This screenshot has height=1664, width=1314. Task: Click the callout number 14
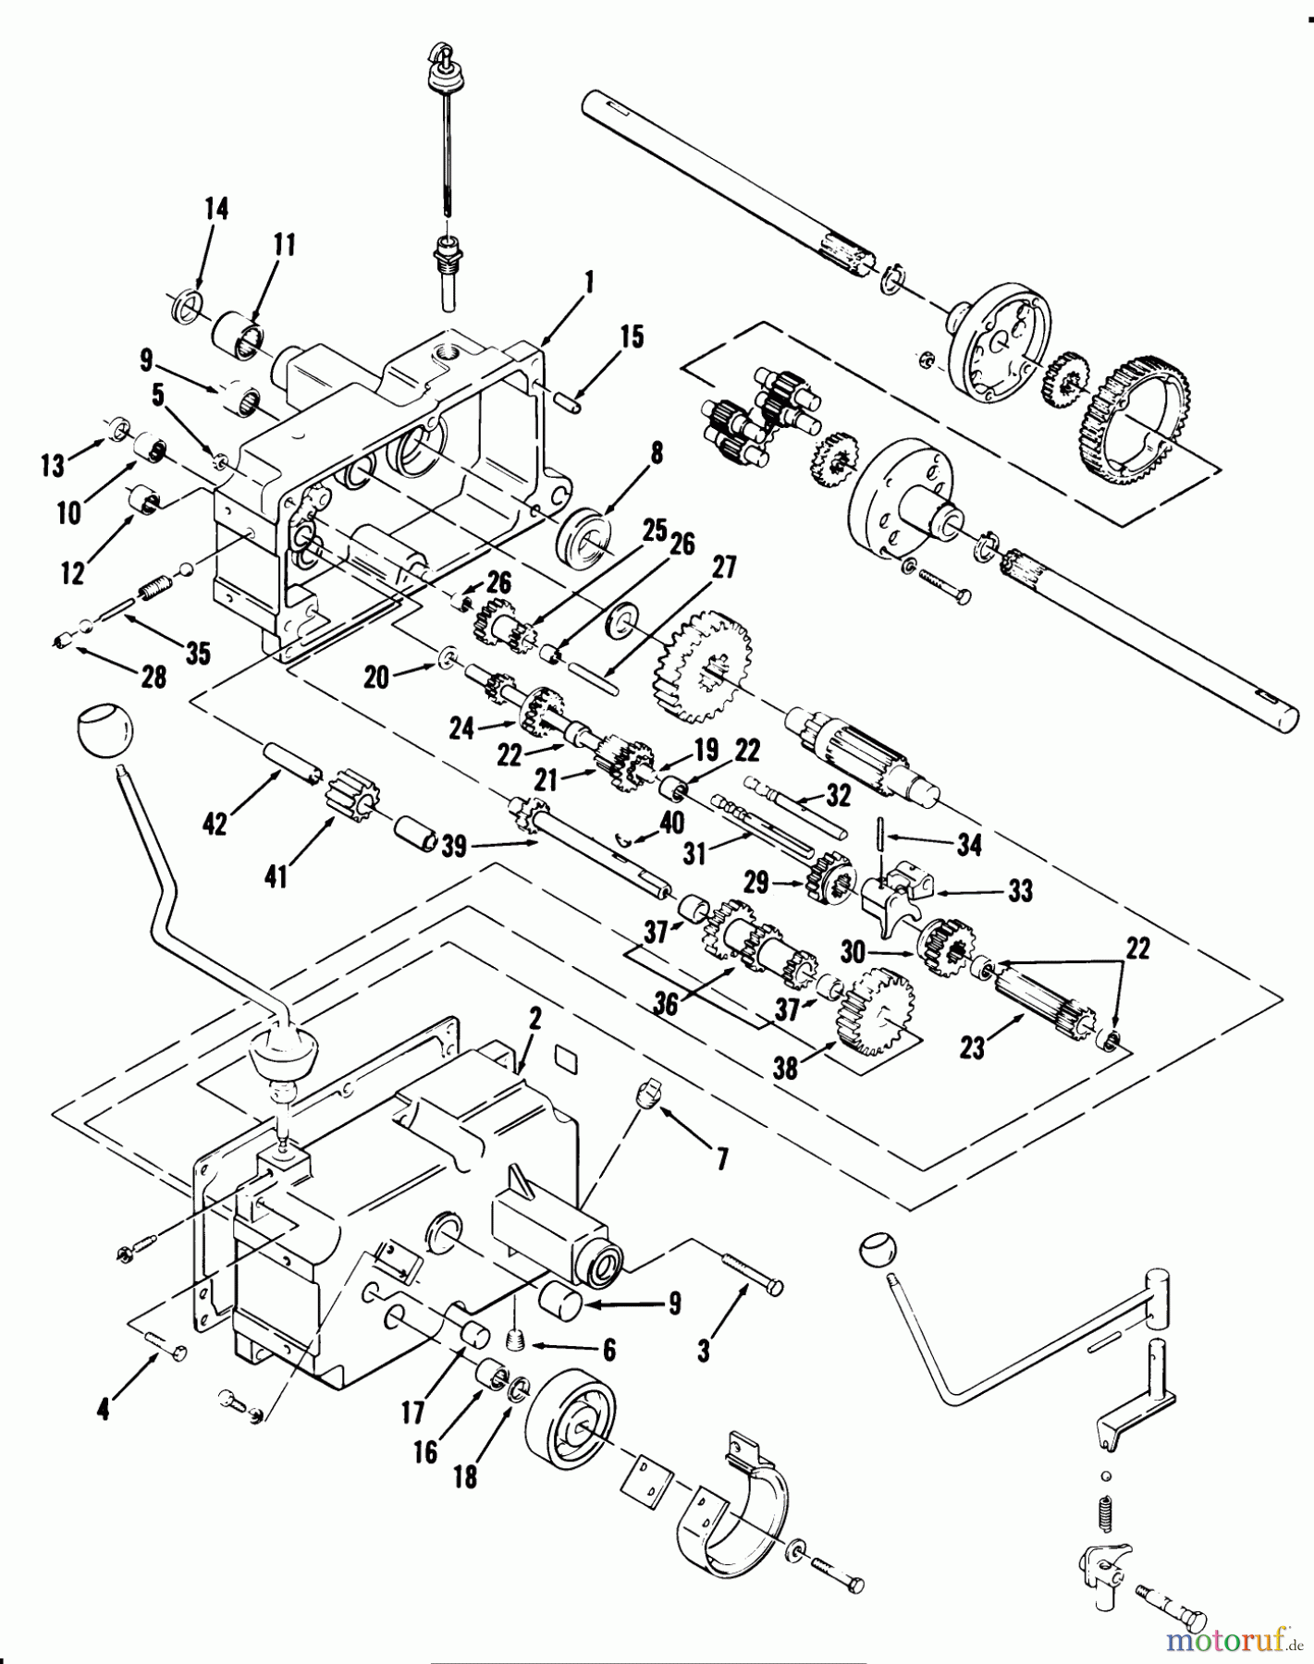216,208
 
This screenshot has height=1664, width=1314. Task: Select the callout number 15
632,336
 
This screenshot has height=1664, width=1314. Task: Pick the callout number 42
215,823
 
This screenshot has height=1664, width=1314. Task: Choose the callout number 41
276,875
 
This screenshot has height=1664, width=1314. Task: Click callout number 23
972,1047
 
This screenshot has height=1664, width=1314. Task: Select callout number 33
1020,891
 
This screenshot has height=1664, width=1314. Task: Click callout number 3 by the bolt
704,1351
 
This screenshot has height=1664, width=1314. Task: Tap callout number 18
465,1476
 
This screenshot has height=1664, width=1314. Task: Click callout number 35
197,654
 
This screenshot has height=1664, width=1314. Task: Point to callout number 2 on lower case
534,1021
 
